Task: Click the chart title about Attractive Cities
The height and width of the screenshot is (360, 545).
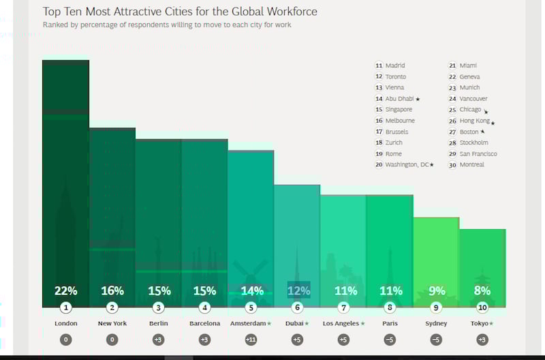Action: coord(180,12)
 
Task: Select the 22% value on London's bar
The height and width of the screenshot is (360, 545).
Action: coord(65,290)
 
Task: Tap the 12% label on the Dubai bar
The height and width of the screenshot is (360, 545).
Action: coord(298,290)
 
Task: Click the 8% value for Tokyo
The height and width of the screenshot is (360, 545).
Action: coord(482,290)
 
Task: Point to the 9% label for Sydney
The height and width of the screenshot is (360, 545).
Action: coord(436,290)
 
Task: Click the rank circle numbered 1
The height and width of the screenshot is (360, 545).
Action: coord(65,307)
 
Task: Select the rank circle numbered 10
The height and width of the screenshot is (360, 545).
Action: coord(482,307)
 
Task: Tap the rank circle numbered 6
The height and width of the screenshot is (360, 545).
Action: coord(297,307)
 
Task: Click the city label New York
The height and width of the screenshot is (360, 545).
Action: coord(112,323)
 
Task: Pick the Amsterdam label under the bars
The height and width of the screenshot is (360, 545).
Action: coord(248,323)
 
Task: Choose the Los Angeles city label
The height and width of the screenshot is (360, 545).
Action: coord(341,323)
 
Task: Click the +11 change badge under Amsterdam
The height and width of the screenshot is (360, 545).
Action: coord(251,339)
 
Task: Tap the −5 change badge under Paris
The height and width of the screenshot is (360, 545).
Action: coord(390,339)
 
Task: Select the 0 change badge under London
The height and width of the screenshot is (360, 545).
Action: coord(65,339)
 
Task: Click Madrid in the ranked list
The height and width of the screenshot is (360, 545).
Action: coord(395,65)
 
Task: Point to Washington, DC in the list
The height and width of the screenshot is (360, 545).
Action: coord(407,165)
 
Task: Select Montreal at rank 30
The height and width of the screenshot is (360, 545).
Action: coord(471,165)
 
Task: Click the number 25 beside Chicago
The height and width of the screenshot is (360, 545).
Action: coord(452,110)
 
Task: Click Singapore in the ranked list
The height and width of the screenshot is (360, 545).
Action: coord(399,110)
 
